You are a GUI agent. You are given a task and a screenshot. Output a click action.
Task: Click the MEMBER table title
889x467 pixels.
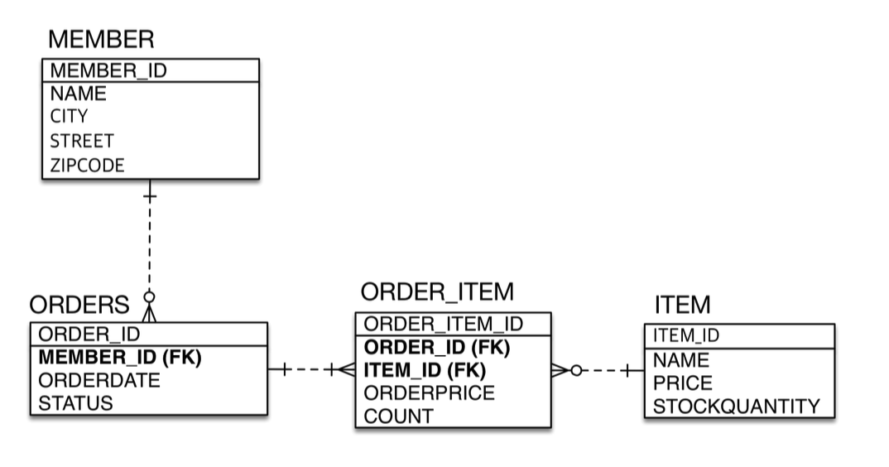tap(101, 39)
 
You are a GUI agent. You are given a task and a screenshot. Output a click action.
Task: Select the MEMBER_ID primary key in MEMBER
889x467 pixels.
tap(108, 70)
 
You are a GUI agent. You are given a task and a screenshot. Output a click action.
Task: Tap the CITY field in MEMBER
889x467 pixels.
tap(69, 116)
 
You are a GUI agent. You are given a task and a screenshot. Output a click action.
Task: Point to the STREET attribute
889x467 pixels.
tap(82, 141)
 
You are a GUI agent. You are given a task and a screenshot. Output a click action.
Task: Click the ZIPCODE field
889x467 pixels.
tap(87, 166)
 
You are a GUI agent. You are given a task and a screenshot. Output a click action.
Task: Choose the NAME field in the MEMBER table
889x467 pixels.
tap(78, 93)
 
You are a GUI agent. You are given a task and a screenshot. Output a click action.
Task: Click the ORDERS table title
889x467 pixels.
tap(79, 305)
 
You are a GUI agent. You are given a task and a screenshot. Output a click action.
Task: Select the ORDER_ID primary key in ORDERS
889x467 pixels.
tap(89, 335)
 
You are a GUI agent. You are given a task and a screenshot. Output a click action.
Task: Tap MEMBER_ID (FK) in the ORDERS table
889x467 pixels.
tap(121, 358)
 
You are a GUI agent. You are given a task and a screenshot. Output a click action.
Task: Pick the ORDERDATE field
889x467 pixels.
tap(99, 381)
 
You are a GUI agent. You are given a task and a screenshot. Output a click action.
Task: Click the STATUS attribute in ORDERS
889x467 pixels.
tap(76, 404)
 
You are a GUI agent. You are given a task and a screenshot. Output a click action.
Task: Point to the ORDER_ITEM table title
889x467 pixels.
tap(437, 291)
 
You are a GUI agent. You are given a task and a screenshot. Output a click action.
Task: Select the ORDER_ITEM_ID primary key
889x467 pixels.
tap(444, 324)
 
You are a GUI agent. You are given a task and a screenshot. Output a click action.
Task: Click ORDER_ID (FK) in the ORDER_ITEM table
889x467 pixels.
tap(437, 347)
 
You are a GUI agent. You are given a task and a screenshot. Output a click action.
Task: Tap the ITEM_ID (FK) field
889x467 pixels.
tap(425, 370)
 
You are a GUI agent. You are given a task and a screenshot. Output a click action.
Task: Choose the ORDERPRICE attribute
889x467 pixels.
tap(430, 393)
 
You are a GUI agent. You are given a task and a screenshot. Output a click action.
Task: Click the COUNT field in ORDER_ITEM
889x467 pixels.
tap(398, 416)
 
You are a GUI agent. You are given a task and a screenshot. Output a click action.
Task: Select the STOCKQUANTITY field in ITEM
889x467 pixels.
tap(737, 407)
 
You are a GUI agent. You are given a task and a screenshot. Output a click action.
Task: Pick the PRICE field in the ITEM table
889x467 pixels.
tap(682, 383)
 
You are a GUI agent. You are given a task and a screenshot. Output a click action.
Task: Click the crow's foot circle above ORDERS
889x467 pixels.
tap(149, 296)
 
